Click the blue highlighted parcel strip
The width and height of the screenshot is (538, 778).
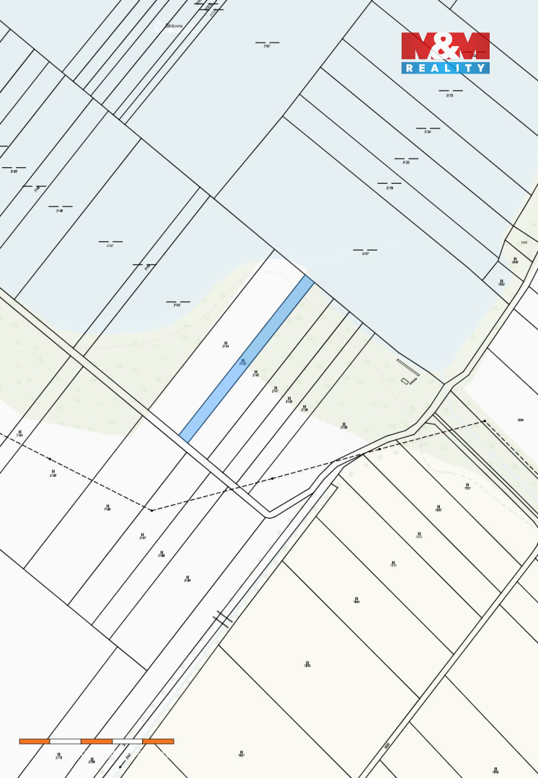(x=246, y=359)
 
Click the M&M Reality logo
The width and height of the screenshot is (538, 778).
(x=445, y=53)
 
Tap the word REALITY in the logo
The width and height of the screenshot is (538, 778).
(x=445, y=68)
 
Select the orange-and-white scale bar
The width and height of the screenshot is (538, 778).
(x=96, y=741)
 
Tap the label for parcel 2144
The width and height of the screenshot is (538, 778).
(x=225, y=346)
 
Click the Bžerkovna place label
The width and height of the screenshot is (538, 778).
(x=174, y=26)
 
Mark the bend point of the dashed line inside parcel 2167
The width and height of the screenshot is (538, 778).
(x=151, y=510)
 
